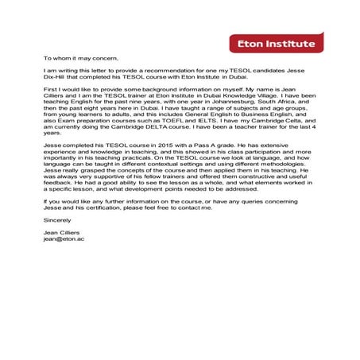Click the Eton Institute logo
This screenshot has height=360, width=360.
click(277, 44)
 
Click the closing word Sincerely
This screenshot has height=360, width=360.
click(58, 219)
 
